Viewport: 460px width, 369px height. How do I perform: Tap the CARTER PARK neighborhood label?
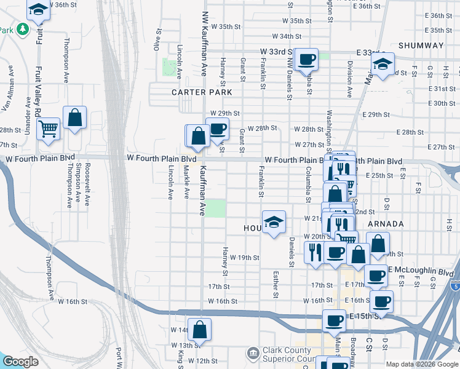202,92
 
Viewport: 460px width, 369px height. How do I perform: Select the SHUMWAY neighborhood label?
421,46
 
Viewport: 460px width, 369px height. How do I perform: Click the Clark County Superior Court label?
289,354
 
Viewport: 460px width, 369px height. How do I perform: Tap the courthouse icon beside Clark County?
253,354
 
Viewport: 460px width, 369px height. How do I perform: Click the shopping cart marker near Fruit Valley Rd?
48,129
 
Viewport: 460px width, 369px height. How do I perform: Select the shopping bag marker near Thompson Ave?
74,118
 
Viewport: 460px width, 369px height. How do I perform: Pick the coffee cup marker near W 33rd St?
306,60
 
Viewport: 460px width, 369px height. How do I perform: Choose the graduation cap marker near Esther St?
274,223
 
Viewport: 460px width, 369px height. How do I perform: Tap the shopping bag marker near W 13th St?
199,330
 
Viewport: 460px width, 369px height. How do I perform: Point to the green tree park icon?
22,29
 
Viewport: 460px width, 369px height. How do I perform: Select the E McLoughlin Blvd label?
428,271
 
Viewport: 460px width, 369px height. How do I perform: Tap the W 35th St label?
225,26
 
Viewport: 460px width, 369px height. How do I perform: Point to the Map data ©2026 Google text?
422,364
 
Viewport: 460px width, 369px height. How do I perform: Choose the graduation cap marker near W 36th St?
38,10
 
